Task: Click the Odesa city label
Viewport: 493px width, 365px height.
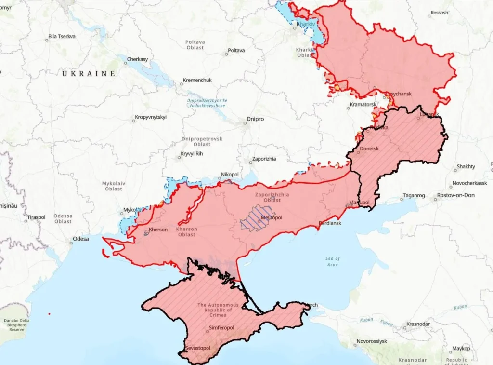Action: coord(80,239)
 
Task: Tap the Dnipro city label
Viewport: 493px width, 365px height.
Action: coord(255,119)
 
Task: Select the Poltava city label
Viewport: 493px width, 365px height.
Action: coord(236,50)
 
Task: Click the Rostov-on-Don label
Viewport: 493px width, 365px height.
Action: coord(455,195)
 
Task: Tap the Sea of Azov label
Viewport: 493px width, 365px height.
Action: coord(332,262)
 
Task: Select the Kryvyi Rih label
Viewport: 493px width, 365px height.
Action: coord(190,154)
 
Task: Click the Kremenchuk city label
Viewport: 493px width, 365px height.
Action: coord(197,80)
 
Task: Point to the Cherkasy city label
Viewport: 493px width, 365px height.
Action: coord(137,59)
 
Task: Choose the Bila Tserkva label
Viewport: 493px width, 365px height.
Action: coord(62,36)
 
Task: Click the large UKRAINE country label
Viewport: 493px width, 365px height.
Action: coord(89,73)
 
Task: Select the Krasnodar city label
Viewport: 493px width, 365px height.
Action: coord(418,324)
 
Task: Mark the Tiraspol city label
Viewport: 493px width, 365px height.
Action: coord(36,217)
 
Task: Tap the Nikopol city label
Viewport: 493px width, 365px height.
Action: coord(230,174)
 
